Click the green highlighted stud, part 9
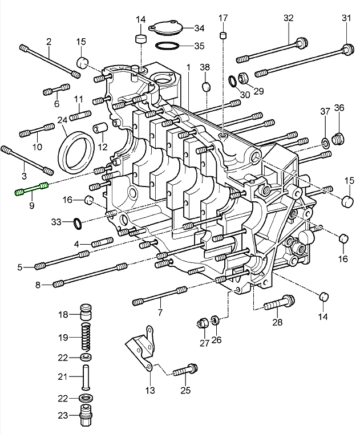[32, 189]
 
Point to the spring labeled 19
[85, 336]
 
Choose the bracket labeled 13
[141, 348]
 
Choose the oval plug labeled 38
[206, 87]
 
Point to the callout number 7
[160, 313]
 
